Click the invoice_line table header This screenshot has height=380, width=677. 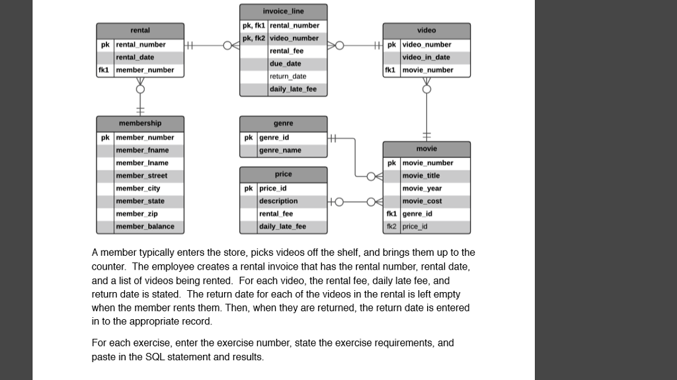coord(283,11)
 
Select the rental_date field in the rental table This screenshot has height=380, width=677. coord(136,57)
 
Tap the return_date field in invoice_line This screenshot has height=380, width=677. coord(288,77)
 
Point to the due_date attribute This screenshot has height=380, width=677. coord(285,64)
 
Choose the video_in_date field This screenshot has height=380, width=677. coord(426,57)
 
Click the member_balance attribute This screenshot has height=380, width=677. coord(145,227)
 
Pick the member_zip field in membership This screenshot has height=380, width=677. coord(136,214)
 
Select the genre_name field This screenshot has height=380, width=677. coord(280,151)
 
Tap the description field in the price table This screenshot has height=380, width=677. coord(278,201)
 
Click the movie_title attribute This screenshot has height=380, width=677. coord(420,176)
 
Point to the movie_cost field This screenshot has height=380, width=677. coord(422,201)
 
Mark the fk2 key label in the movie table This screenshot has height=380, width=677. coord(391,227)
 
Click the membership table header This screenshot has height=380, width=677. coord(139,124)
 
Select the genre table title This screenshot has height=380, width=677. coord(283,124)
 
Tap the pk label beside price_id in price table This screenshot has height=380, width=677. coord(249,188)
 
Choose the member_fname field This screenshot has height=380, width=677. coord(141,151)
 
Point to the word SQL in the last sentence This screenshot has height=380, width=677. coord(153,357)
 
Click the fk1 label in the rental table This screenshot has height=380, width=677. coord(104,70)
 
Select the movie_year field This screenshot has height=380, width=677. coord(422,188)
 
